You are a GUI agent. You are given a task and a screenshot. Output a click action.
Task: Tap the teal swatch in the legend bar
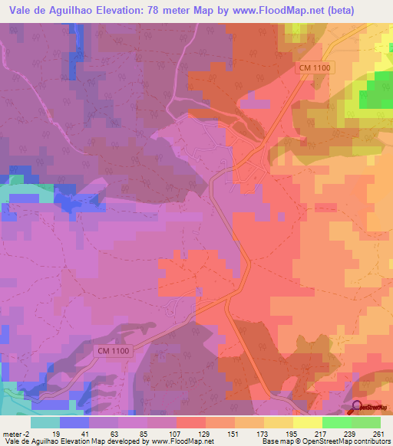(45, 422)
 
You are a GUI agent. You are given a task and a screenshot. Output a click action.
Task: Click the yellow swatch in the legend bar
(307, 422)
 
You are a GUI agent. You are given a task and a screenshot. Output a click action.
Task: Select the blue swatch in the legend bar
(74, 422)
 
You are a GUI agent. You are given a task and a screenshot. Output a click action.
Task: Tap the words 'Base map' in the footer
(276, 442)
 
